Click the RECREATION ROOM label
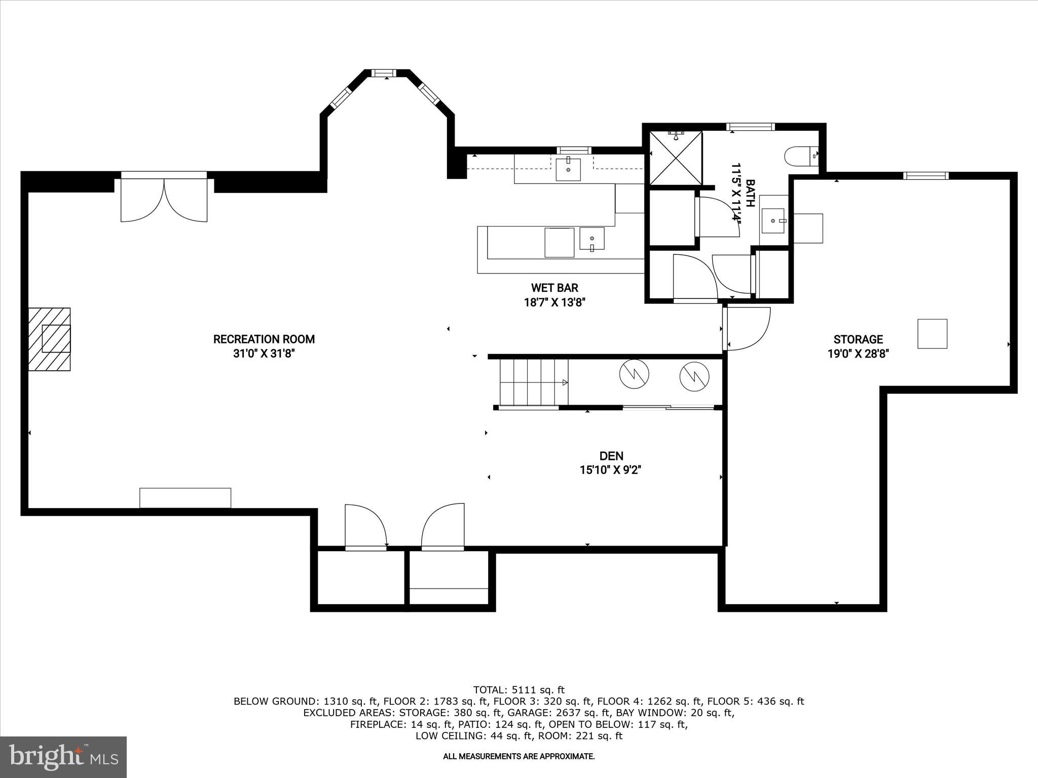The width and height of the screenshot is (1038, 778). pos(264,339)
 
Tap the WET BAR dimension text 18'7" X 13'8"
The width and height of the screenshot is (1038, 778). pos(554,302)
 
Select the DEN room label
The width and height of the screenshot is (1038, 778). pos(611,455)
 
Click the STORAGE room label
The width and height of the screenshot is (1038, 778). pos(858,339)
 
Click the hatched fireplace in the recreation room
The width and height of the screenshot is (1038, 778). pos(49,339)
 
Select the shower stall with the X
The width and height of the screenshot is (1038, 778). pos(676,158)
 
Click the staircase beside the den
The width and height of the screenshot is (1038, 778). pos(533,382)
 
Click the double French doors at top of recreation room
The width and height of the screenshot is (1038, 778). pos(164,198)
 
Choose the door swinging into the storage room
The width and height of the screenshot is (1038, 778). pos(746,328)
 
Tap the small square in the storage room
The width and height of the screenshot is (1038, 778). pos(932,333)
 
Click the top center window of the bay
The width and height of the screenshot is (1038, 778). pos(387,73)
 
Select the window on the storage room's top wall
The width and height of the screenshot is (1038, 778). pos(925,176)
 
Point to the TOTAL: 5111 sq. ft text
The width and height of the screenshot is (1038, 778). pos(518,689)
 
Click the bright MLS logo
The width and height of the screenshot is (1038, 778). pos(63,757)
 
